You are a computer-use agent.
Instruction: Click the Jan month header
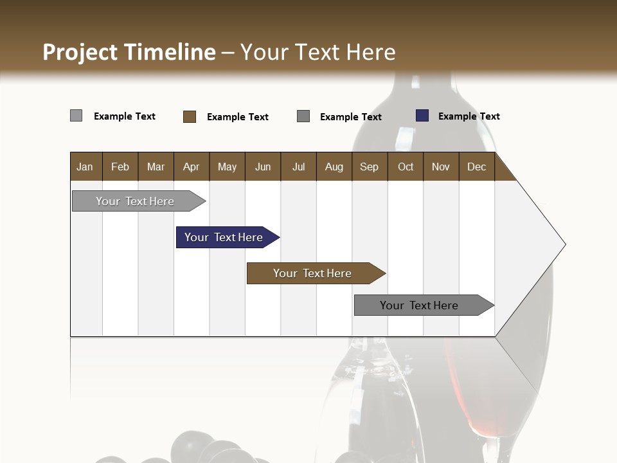point(85,167)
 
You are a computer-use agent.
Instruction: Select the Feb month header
point(120,167)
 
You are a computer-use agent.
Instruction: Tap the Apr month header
point(191,167)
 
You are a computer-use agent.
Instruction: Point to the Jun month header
point(263,167)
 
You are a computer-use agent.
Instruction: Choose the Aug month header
point(334,167)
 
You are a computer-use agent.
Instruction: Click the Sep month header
point(369,167)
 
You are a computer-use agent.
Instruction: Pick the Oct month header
point(406,167)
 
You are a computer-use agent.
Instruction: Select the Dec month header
point(476,167)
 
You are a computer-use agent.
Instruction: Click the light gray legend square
point(76,116)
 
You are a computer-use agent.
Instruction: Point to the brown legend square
point(190,116)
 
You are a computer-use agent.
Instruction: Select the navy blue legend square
point(422,116)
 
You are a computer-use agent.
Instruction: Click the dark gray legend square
point(303,116)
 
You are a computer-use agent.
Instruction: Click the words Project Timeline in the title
point(129,52)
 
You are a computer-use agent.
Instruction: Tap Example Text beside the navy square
point(469,116)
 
